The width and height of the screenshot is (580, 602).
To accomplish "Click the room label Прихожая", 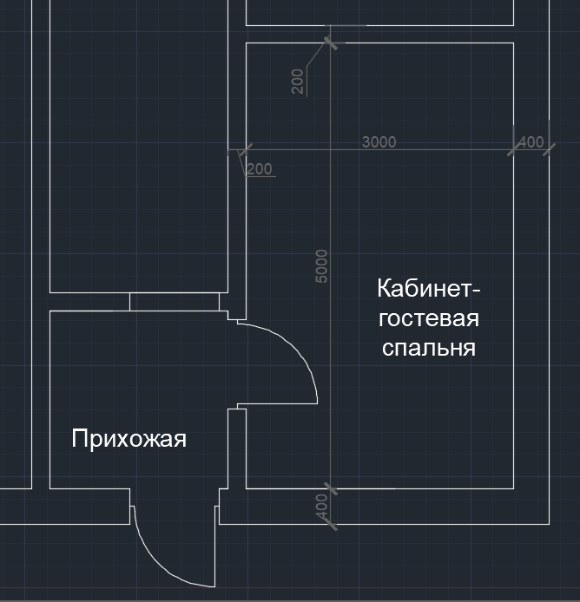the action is pyautogui.click(x=129, y=439).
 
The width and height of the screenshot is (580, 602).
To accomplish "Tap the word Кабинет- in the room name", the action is pyautogui.click(x=429, y=288).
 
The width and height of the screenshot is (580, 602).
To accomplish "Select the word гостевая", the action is pyautogui.click(x=429, y=318).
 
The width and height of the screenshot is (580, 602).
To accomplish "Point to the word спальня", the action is pyautogui.click(x=429, y=348).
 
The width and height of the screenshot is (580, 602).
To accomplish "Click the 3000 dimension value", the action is pyautogui.click(x=379, y=142).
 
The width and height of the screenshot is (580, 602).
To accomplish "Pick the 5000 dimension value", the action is pyautogui.click(x=321, y=266).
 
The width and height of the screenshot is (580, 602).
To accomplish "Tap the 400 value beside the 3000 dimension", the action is pyautogui.click(x=531, y=142).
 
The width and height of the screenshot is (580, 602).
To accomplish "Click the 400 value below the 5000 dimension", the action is pyautogui.click(x=321, y=506).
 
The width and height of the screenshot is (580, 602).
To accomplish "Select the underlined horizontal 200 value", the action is pyautogui.click(x=260, y=169).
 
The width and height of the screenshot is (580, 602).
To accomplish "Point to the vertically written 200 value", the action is pyautogui.click(x=298, y=82).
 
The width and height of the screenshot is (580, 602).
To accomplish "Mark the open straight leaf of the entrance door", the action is pyautogui.click(x=214, y=546).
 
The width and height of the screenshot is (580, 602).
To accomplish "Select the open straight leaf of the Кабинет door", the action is pyautogui.click(x=278, y=403).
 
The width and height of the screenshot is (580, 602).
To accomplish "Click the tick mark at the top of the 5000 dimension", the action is pyautogui.click(x=331, y=43).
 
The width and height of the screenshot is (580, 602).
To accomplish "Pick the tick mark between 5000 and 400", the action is pyautogui.click(x=331, y=488).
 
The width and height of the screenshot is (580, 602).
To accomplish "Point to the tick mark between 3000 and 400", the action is pyautogui.click(x=514, y=149).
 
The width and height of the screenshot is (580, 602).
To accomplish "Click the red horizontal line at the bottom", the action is pyautogui.click(x=290, y=587).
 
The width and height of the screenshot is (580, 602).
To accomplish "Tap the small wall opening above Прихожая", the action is pyautogui.click(x=175, y=302).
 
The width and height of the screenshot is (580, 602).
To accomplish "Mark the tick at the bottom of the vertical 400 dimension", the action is pyautogui.click(x=331, y=524).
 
